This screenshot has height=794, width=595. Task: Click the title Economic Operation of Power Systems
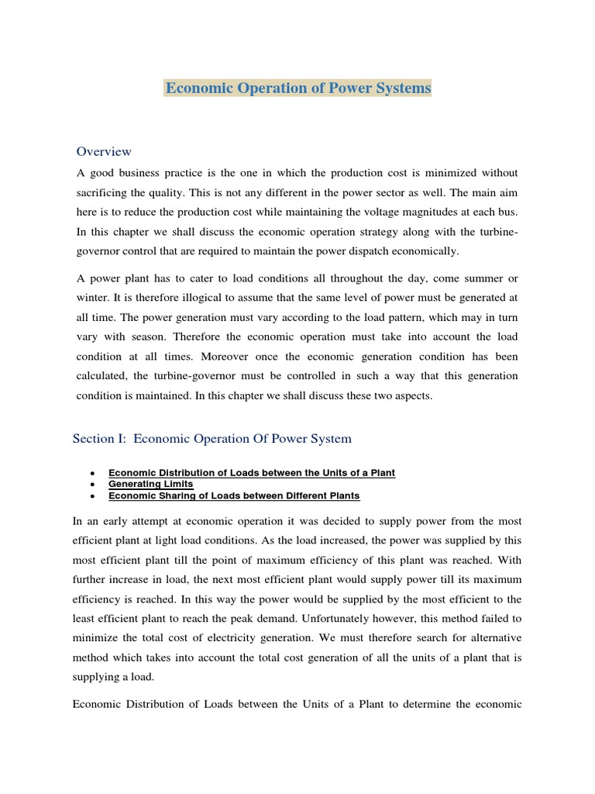[x=297, y=88]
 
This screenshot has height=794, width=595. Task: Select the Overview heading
[x=104, y=151]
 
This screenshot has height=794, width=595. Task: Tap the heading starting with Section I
[x=212, y=439]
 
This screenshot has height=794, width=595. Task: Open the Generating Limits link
[x=151, y=484]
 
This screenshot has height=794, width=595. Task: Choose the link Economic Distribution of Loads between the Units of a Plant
[x=252, y=473]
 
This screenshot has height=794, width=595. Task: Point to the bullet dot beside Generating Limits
[x=93, y=485]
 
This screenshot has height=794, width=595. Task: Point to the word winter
[x=91, y=299]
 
